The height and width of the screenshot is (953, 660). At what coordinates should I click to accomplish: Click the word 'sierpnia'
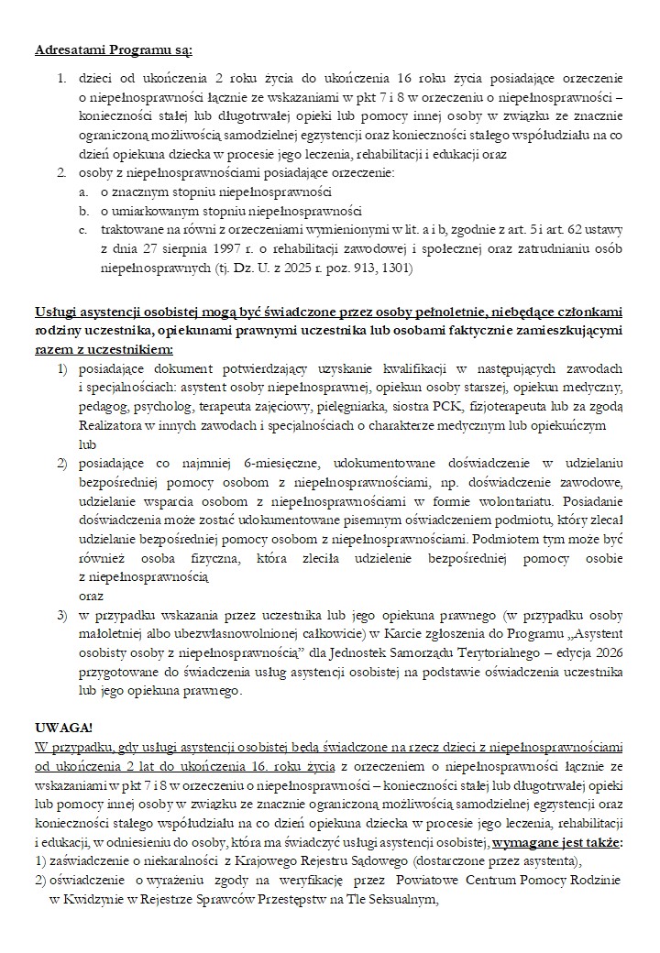151,248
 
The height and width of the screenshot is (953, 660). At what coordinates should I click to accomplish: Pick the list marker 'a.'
83,192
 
